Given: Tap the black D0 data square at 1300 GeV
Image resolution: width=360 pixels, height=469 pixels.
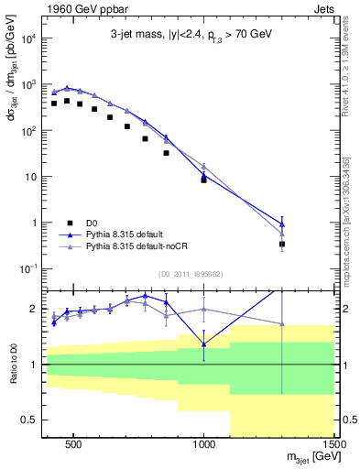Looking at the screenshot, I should tap(282, 244).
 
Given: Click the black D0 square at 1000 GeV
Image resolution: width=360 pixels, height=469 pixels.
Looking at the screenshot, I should tap(203, 180).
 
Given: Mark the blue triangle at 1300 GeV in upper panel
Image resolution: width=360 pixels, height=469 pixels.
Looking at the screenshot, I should tap(282, 223).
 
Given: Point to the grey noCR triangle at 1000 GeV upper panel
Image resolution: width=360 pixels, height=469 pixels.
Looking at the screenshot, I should tap(203, 166).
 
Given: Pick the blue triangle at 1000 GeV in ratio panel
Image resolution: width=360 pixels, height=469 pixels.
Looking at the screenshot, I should tap(203, 344).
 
